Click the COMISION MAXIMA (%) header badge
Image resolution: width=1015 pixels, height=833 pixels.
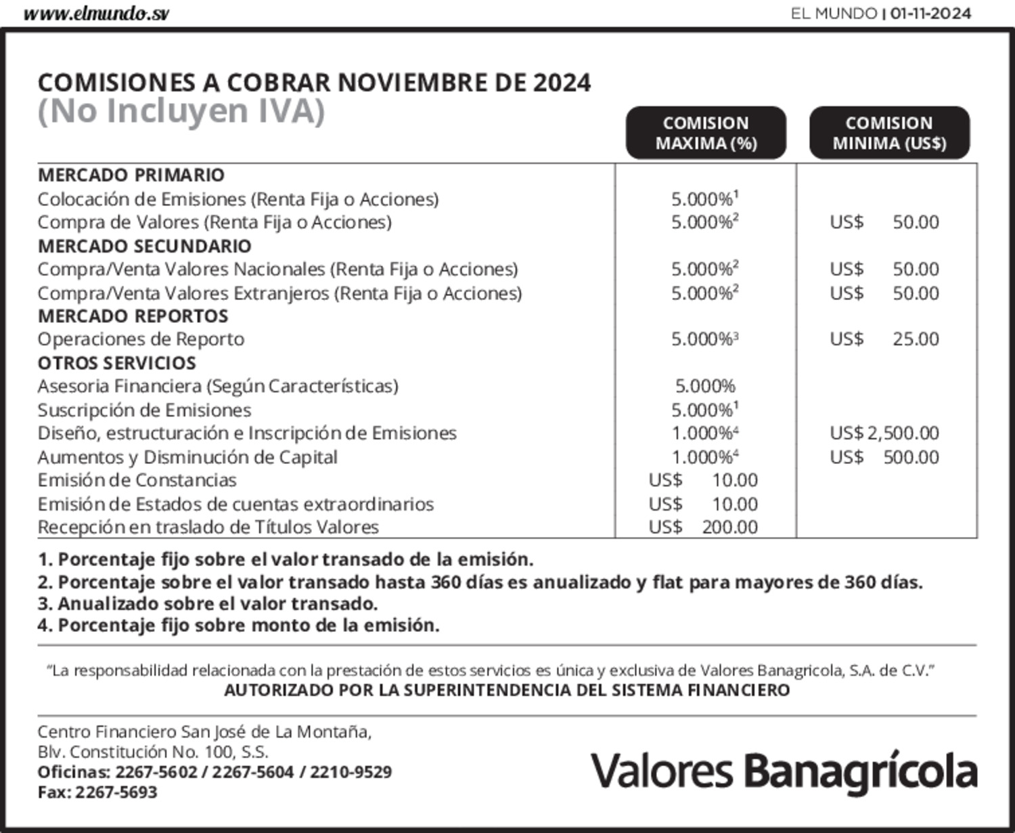pyautogui.click(x=706, y=133)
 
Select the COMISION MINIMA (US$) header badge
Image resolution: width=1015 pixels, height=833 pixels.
pyautogui.click(x=889, y=133)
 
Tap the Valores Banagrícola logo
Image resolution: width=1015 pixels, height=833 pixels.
pyautogui.click(x=784, y=771)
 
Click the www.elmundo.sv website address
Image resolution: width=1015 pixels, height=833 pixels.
pyautogui.click(x=96, y=14)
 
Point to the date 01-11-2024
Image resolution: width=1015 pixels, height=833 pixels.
pyautogui.click(x=930, y=14)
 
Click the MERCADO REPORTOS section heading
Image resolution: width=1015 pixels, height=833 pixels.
pyautogui.click(x=133, y=316)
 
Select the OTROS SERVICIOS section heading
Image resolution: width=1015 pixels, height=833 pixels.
pyautogui.click(x=116, y=363)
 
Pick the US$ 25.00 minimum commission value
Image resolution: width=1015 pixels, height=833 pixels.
pyautogui.click(x=884, y=339)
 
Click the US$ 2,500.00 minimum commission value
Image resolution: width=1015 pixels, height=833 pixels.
pyautogui.click(x=884, y=433)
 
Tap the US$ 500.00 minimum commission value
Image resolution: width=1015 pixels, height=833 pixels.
pyautogui.click(x=884, y=457)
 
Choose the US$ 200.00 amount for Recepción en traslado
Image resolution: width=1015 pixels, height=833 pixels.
pyautogui.click(x=703, y=527)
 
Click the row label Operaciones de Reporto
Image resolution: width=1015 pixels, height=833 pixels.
pyautogui.click(x=141, y=339)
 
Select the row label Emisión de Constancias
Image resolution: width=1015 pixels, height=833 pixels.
pyautogui.click(x=137, y=480)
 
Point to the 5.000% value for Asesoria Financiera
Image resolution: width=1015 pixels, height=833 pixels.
pyautogui.click(x=705, y=386)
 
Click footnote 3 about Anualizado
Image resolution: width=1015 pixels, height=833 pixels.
pyautogui.click(x=207, y=603)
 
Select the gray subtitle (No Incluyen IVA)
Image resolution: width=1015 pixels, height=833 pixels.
pyautogui.click(x=181, y=111)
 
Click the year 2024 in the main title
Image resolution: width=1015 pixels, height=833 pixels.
pyautogui.click(x=562, y=83)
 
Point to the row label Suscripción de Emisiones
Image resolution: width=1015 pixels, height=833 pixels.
pyautogui.click(x=144, y=410)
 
